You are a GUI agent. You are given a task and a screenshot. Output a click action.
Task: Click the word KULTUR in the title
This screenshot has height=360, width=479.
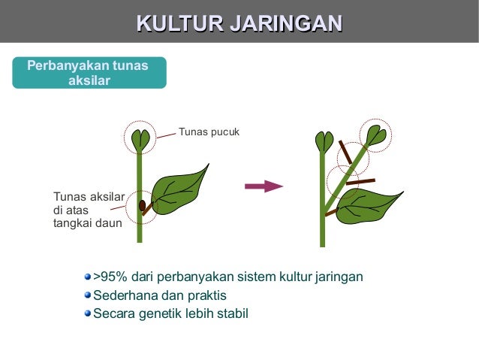[x=179, y=23]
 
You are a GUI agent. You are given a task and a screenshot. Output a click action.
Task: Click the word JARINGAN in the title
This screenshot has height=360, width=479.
[x=285, y=23]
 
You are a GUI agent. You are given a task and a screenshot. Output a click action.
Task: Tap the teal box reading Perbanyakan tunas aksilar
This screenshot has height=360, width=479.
[x=89, y=73]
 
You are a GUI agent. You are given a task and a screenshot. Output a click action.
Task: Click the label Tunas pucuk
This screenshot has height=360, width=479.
[x=208, y=132]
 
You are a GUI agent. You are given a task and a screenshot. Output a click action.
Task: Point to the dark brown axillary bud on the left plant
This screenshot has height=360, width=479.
[x=142, y=205]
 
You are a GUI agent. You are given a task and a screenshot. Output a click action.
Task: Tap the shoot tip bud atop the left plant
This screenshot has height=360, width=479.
[x=140, y=139]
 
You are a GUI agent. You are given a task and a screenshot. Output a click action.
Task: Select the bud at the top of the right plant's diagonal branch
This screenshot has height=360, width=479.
[x=375, y=136]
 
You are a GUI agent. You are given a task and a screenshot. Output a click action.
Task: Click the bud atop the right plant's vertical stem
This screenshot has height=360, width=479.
[x=324, y=141]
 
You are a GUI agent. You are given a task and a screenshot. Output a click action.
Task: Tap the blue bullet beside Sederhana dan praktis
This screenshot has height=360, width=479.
[x=87, y=295]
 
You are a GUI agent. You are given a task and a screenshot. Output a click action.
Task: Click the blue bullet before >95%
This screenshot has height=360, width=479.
[x=87, y=277]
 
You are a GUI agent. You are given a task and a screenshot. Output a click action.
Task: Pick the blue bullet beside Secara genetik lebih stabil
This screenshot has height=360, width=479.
[x=87, y=313]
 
